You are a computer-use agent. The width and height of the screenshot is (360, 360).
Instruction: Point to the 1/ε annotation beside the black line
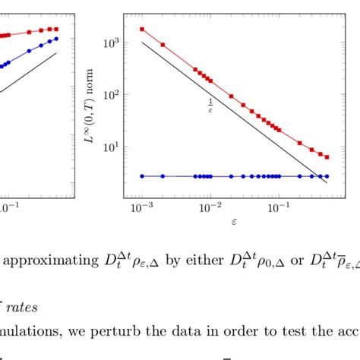[210, 105]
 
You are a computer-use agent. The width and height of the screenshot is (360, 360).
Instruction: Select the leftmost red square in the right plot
[142, 30]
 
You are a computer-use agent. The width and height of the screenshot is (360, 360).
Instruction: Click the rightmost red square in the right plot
[327, 157]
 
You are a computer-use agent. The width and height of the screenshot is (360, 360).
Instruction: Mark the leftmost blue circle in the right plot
[142, 176]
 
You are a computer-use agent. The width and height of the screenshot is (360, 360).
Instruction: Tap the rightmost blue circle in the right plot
[327, 176]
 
